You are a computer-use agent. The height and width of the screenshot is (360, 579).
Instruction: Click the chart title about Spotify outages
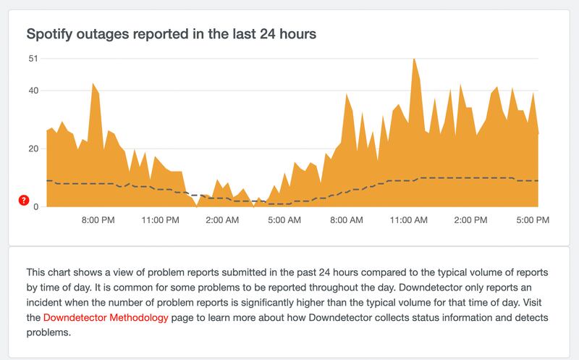click(172, 33)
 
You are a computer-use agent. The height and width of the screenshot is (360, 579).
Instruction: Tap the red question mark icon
click(23, 199)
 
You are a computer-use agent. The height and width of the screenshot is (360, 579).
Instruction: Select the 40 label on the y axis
click(33, 91)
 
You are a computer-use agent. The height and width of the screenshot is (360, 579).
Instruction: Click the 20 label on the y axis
click(33, 148)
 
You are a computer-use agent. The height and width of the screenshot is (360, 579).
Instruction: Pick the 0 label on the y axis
click(35, 206)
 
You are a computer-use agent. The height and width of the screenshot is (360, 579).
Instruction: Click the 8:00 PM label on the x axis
click(97, 219)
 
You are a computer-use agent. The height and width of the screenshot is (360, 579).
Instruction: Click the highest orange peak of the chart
click(413, 60)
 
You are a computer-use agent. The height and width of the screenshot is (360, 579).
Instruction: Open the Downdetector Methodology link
click(106, 318)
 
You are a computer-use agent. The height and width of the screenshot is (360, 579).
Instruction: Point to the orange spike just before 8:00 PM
click(93, 85)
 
